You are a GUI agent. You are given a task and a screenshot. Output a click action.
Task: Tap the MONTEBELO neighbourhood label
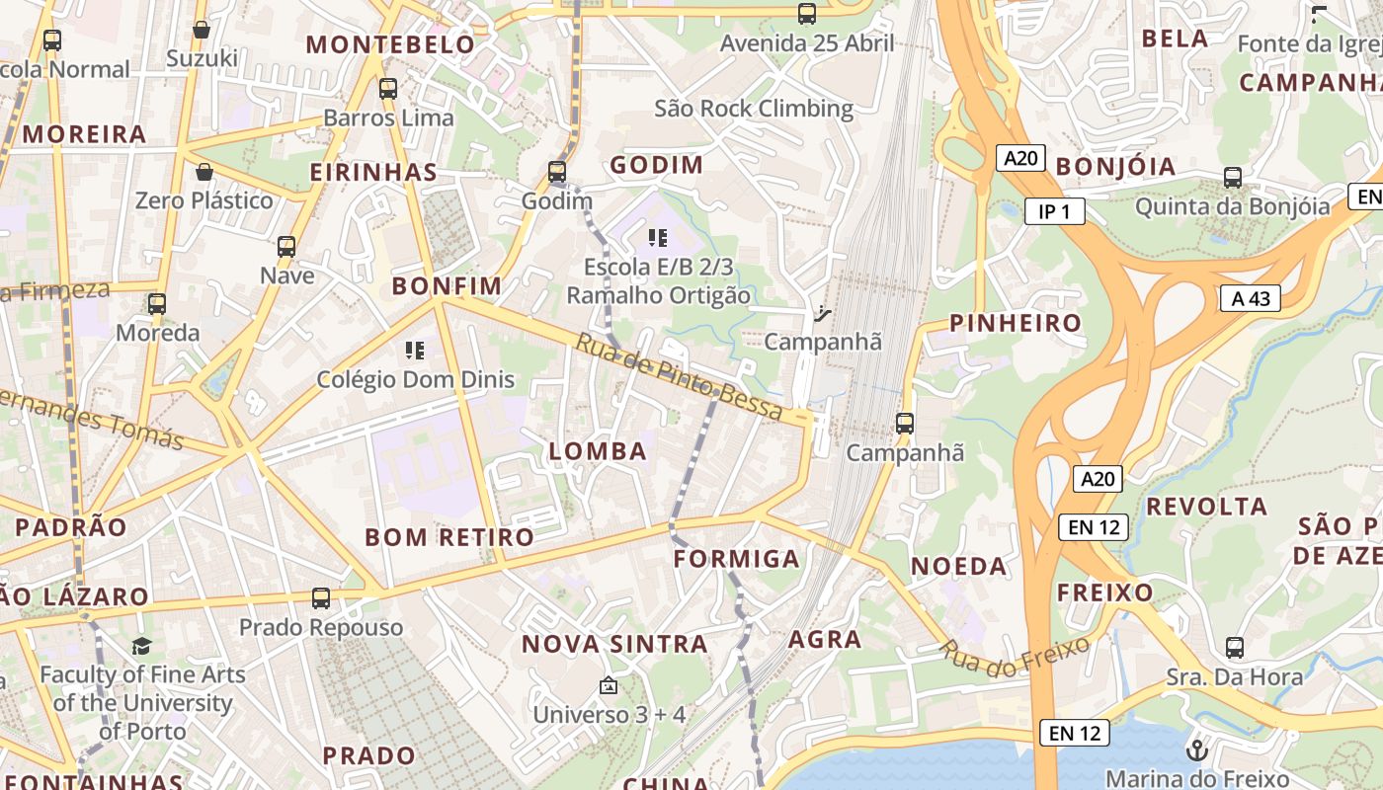click(x=390, y=44)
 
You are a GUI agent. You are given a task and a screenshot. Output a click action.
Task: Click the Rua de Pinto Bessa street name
click(x=679, y=378)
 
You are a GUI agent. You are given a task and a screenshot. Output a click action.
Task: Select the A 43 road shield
click(x=1250, y=298)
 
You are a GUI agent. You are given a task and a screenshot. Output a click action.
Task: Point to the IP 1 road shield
click(x=1054, y=211)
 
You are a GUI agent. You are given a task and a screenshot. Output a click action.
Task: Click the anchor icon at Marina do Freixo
click(x=1197, y=750)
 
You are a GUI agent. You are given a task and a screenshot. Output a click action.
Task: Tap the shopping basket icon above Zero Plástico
click(x=204, y=172)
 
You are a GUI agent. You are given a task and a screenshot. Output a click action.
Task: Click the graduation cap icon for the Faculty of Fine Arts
click(x=142, y=646)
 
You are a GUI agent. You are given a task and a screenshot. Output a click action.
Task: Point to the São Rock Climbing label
click(x=754, y=108)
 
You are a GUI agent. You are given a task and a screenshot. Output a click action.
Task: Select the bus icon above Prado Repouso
click(x=321, y=598)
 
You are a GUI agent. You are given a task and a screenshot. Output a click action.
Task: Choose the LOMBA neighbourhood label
click(x=598, y=451)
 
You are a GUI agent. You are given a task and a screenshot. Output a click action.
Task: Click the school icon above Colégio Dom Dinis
click(x=415, y=351)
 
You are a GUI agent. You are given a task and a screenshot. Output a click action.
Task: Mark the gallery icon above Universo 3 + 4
click(x=609, y=684)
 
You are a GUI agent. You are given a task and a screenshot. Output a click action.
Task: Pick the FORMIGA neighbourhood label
click(x=736, y=559)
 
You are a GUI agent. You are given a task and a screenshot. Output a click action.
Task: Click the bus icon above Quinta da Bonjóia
click(x=1233, y=178)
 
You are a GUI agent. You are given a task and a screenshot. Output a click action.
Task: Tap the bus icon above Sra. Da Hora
click(x=1235, y=648)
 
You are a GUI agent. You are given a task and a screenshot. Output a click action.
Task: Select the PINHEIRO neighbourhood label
click(x=1016, y=323)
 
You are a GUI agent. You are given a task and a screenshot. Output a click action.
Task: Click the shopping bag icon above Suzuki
click(x=202, y=31)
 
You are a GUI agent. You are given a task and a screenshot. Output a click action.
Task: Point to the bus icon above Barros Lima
click(x=388, y=89)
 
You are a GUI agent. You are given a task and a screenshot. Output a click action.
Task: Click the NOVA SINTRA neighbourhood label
click(x=614, y=645)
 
